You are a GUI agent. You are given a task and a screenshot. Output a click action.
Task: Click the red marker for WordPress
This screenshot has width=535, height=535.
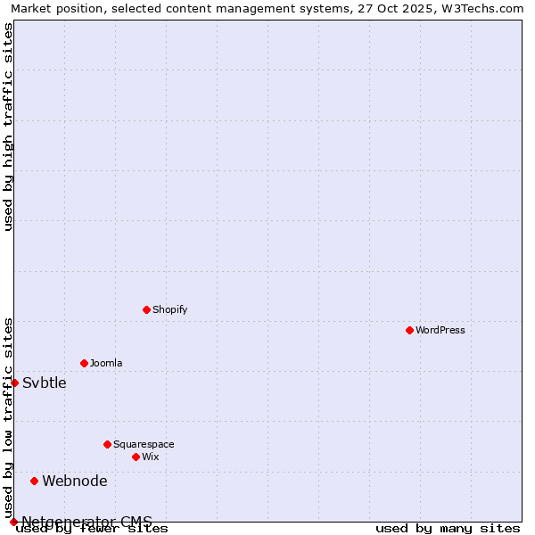409,330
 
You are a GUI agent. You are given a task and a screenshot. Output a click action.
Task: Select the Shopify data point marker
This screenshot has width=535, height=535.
146,309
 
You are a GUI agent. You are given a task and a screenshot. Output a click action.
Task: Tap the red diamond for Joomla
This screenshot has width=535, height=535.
84,363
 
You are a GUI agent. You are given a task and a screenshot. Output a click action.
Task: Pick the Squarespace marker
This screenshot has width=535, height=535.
107,444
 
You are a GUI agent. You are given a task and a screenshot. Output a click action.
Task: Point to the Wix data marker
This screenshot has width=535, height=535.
136,457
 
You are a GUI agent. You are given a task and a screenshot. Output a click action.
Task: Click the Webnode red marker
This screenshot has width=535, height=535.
34,481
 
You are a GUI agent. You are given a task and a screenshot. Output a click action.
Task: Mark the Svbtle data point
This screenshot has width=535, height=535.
14,383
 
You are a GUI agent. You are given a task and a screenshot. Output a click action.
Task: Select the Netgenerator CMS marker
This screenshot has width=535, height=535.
13,522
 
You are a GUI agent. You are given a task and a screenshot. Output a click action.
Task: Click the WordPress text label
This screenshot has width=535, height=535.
440,330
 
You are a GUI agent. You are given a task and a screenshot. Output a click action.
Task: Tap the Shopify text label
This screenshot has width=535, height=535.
169,309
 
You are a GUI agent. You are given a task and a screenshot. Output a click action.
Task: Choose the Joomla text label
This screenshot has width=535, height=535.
106,363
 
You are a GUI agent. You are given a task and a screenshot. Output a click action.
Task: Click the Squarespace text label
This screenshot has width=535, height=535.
144,444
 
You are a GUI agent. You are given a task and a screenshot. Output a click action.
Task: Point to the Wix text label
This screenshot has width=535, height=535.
150,457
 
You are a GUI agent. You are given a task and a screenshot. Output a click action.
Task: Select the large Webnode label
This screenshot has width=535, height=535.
75,481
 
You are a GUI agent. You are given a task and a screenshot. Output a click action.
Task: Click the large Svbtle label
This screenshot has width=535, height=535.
45,383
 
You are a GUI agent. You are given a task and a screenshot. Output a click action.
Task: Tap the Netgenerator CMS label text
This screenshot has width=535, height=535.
86,522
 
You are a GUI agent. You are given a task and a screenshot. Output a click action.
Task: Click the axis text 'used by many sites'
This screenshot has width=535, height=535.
448,528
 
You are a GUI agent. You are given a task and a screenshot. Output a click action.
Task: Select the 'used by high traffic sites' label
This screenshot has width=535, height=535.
8,127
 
